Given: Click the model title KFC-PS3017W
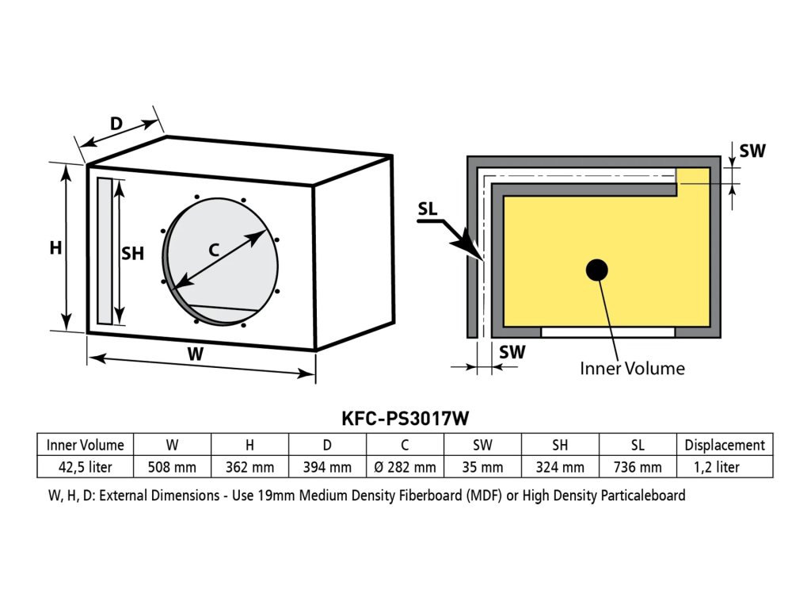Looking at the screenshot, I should pyautogui.click(x=405, y=418).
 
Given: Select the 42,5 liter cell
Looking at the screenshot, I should pyautogui.click(x=86, y=467).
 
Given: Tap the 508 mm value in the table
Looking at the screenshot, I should pyautogui.click(x=172, y=467).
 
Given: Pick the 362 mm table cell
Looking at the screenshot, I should pyautogui.click(x=249, y=467).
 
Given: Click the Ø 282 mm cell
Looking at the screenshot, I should pyautogui.click(x=405, y=467).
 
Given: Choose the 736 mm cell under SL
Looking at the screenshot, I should pyautogui.click(x=638, y=467).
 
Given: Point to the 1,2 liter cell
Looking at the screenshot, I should pyautogui.click(x=724, y=467).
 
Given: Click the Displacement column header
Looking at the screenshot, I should pyautogui.click(x=724, y=445).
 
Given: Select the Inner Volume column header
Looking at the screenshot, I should pyautogui.click(x=86, y=445).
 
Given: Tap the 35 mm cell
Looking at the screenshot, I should pyautogui.click(x=482, y=467).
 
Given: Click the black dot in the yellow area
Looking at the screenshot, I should pyautogui.click(x=596, y=270).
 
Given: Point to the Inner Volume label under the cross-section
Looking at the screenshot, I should pyautogui.click(x=632, y=368).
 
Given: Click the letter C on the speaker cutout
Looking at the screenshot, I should pyautogui.click(x=214, y=249).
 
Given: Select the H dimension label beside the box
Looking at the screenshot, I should pyautogui.click(x=55, y=248).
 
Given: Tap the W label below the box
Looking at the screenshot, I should pyautogui.click(x=195, y=354).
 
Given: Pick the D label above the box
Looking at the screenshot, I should pyautogui.click(x=116, y=124).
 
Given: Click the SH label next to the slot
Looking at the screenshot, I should pyautogui.click(x=132, y=254).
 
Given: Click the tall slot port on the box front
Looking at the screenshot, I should pyautogui.click(x=105, y=251).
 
